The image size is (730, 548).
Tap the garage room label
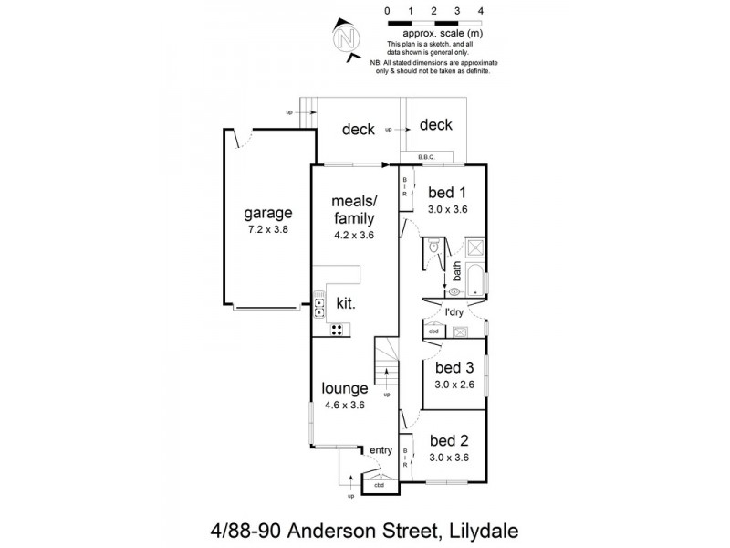[267, 215]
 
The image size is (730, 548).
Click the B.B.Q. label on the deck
[427, 157]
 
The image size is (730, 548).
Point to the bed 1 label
[448, 193]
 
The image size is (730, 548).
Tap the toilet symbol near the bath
[434, 248]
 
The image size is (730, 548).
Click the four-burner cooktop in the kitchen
[336, 330]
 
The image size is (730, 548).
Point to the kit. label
[347, 302]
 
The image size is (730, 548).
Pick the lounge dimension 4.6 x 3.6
[344, 405]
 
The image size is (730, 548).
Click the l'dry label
[454, 313]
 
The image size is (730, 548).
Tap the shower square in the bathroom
[476, 248]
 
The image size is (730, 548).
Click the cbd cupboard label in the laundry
[434, 332]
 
